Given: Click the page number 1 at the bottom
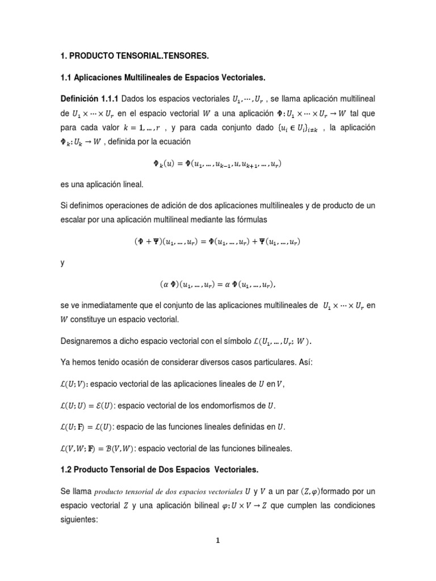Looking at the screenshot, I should pyautogui.click(x=217, y=541).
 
